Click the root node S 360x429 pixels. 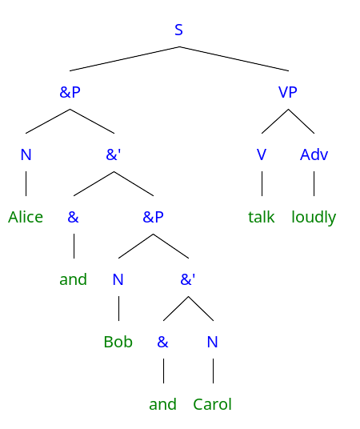pos(178,30)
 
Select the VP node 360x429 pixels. pos(287,92)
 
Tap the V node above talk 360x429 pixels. pos(262,154)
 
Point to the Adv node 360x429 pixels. pos(314,154)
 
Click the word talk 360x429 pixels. pos(262,217)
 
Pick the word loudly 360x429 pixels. pos(314,218)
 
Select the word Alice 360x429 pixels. pos(26,217)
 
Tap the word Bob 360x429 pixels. pos(118,342)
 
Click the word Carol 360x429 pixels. pos(213,404)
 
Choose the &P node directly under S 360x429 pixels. pos(70,92)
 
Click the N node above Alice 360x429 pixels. pos(26,154)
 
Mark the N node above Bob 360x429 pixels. pos(118,279)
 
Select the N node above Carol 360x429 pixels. pos(213,342)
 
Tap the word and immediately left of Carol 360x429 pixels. pos(162,404)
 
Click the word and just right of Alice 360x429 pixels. pos(74,279)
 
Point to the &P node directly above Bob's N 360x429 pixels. pos(153,217)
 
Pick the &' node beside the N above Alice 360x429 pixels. pos(114,154)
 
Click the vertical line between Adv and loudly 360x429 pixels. pos(314,183)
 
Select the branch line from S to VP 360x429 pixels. pos(234,58)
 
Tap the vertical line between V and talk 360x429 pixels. pos(262,183)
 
